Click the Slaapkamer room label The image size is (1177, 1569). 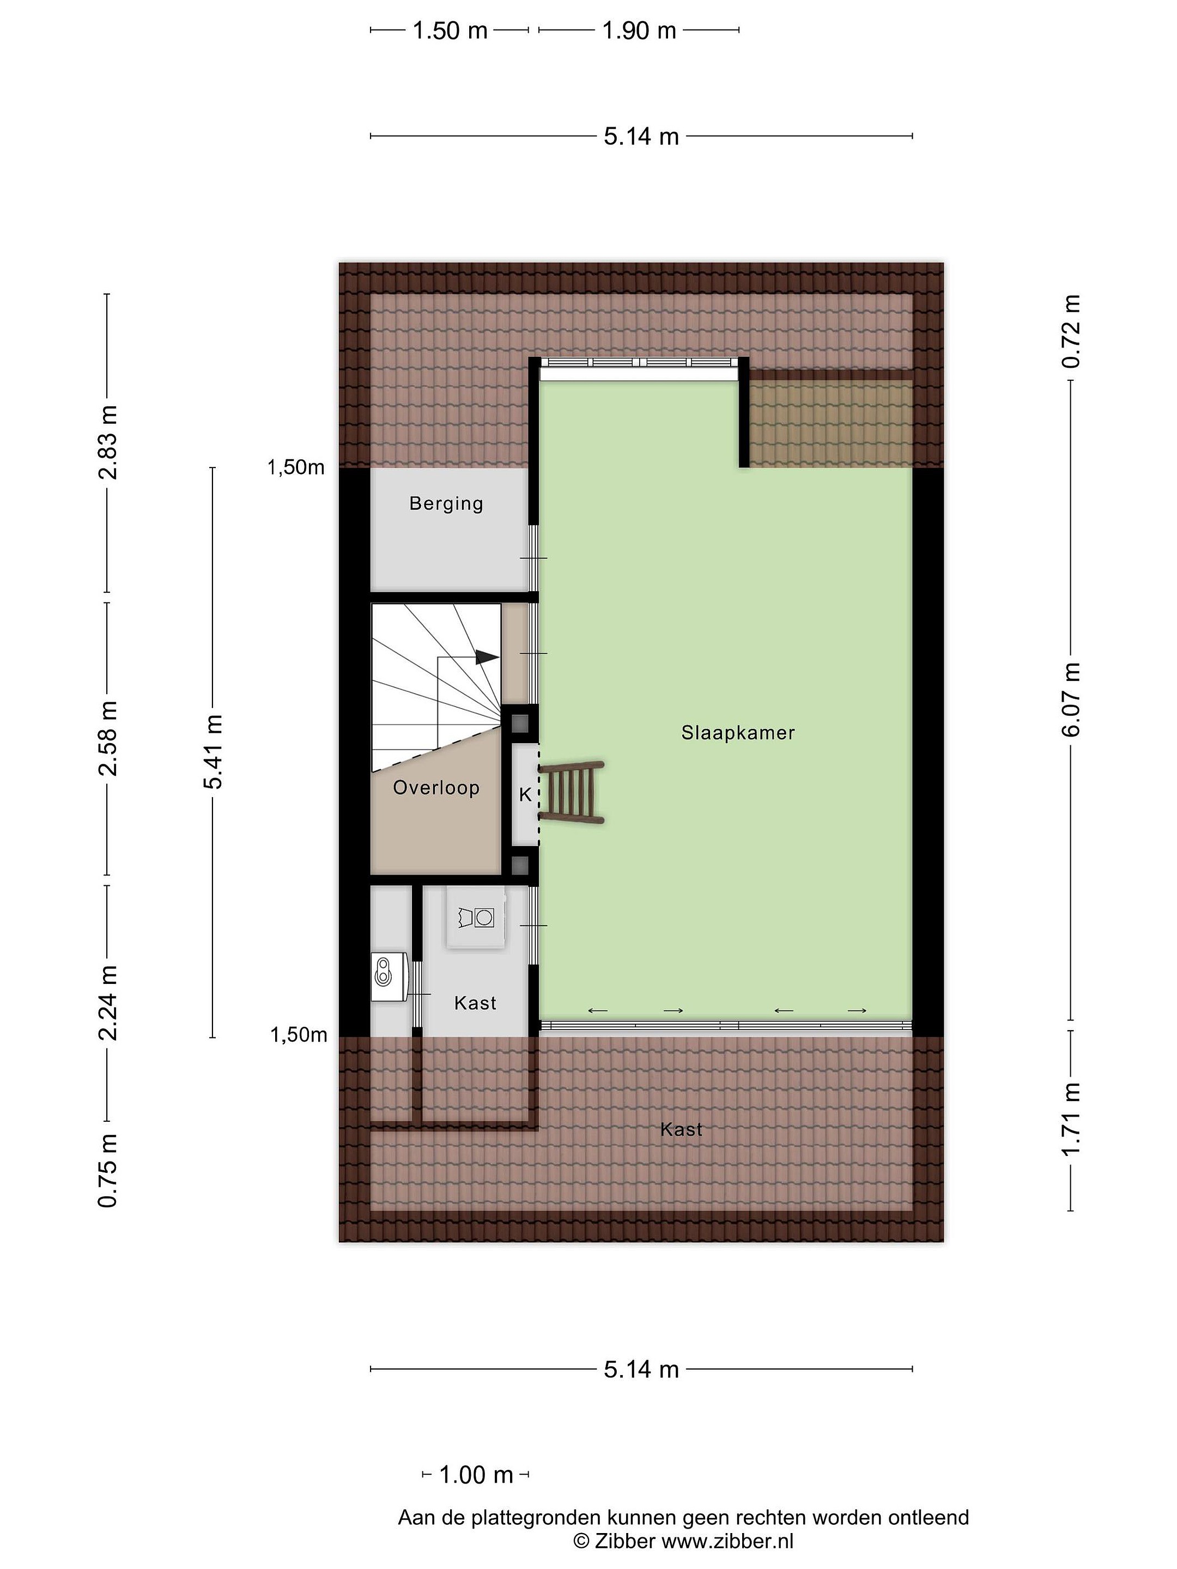[737, 733]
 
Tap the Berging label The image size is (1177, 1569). [446, 503]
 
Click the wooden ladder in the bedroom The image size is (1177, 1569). [572, 792]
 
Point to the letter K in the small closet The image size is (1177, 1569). [525, 794]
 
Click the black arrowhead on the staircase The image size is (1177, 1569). [486, 657]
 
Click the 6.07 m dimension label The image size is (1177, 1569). [1071, 700]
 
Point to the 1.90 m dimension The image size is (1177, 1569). [639, 31]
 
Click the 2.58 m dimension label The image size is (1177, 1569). [108, 738]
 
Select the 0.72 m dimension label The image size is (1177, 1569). [1071, 331]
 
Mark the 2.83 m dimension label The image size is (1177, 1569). [108, 442]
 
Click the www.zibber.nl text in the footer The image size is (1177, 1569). [727, 1540]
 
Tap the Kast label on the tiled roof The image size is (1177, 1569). [681, 1129]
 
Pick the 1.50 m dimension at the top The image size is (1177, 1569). [450, 31]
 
